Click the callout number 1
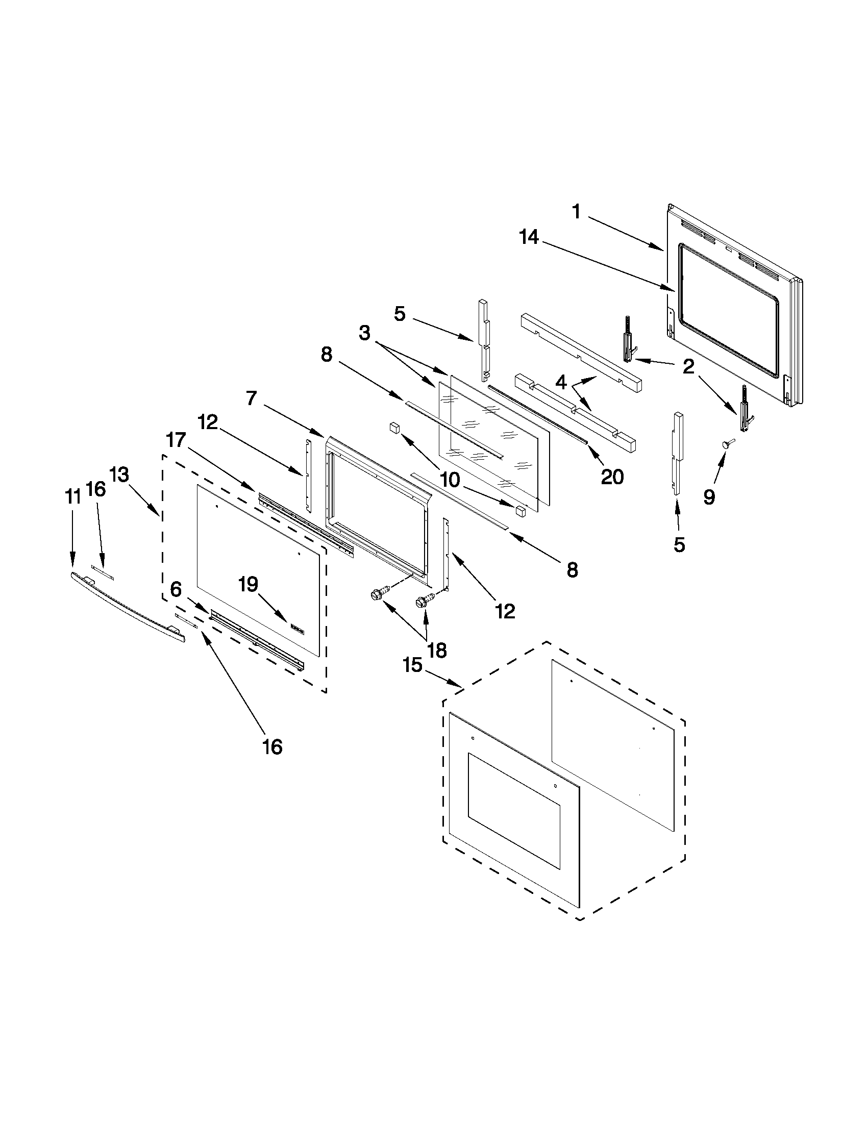pyautogui.click(x=577, y=212)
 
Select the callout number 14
pyautogui.click(x=529, y=238)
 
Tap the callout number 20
pyautogui.click(x=612, y=477)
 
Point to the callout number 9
pyautogui.click(x=709, y=497)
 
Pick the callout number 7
pyautogui.click(x=251, y=398)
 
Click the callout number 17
pyautogui.click(x=176, y=440)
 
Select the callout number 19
pyautogui.click(x=249, y=585)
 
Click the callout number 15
pyautogui.click(x=412, y=665)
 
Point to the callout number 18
pyautogui.click(x=437, y=651)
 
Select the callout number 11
pyautogui.click(x=72, y=497)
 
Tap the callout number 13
pyautogui.click(x=119, y=475)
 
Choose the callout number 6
pyautogui.click(x=176, y=590)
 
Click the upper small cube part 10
pyautogui.click(x=395, y=427)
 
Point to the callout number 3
pyautogui.click(x=364, y=333)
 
